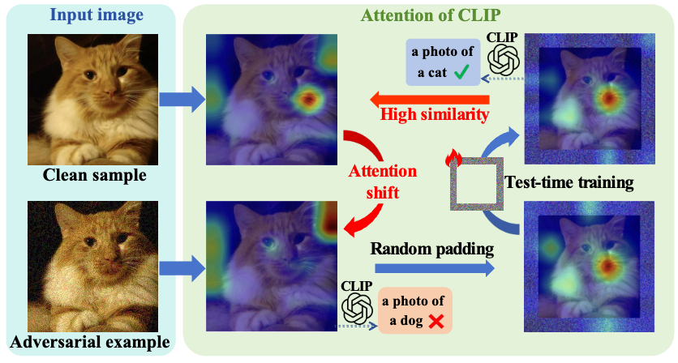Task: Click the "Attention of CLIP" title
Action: click(431, 15)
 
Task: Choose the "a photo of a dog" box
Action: click(414, 311)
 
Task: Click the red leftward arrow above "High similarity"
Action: click(430, 99)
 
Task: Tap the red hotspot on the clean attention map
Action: click(307, 100)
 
